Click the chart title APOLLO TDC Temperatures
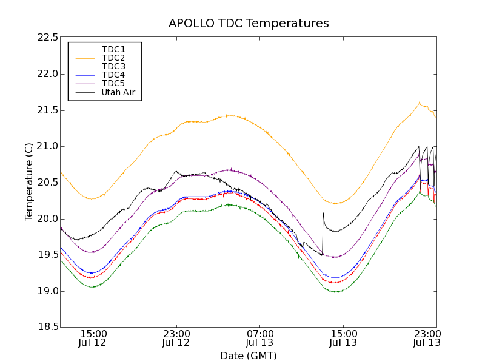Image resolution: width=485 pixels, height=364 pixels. tap(249, 24)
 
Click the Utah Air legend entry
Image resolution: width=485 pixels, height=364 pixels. tap(118, 93)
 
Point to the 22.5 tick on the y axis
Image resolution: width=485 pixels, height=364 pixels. tap(47, 38)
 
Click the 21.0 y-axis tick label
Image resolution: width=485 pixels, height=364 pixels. tap(47, 146)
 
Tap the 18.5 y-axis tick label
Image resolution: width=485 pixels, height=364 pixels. tap(47, 328)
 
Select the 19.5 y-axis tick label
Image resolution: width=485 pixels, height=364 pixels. tap(47, 255)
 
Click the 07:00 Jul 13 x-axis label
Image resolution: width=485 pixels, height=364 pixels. tap(259, 339)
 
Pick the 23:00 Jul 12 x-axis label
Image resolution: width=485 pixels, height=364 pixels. tap(176, 339)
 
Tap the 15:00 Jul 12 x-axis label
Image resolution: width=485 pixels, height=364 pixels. tap(93, 339)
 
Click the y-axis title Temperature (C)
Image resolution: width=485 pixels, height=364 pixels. tap(29, 182)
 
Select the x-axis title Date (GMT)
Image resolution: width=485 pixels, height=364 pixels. tap(249, 356)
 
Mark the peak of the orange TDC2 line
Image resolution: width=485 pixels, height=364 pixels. tap(419, 103)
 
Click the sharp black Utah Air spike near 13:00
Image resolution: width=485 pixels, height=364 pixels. tap(323, 213)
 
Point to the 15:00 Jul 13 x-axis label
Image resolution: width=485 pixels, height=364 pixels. tap(343, 339)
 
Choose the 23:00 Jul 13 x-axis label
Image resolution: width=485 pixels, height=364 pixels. tap(426, 339)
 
